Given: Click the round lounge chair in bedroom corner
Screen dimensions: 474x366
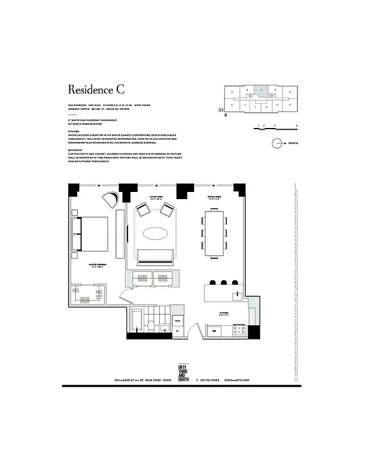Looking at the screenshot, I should (111, 200).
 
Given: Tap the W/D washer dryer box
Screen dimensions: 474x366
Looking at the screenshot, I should (178, 321).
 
